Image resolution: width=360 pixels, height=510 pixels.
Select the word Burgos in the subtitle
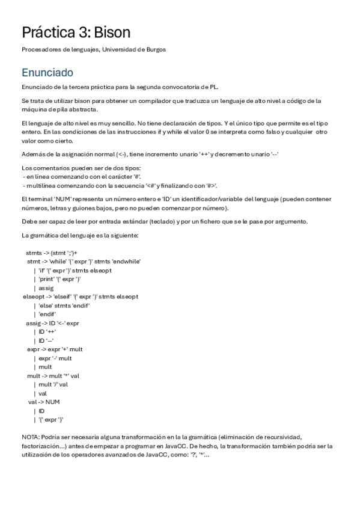pyautogui.click(x=154, y=50)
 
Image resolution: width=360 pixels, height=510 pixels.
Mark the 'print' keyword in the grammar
pyautogui.click(x=47, y=279)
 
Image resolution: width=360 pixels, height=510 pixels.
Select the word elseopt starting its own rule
pyautogui.click(x=33, y=296)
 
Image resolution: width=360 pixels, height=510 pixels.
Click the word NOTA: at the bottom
pyautogui.click(x=31, y=437)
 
